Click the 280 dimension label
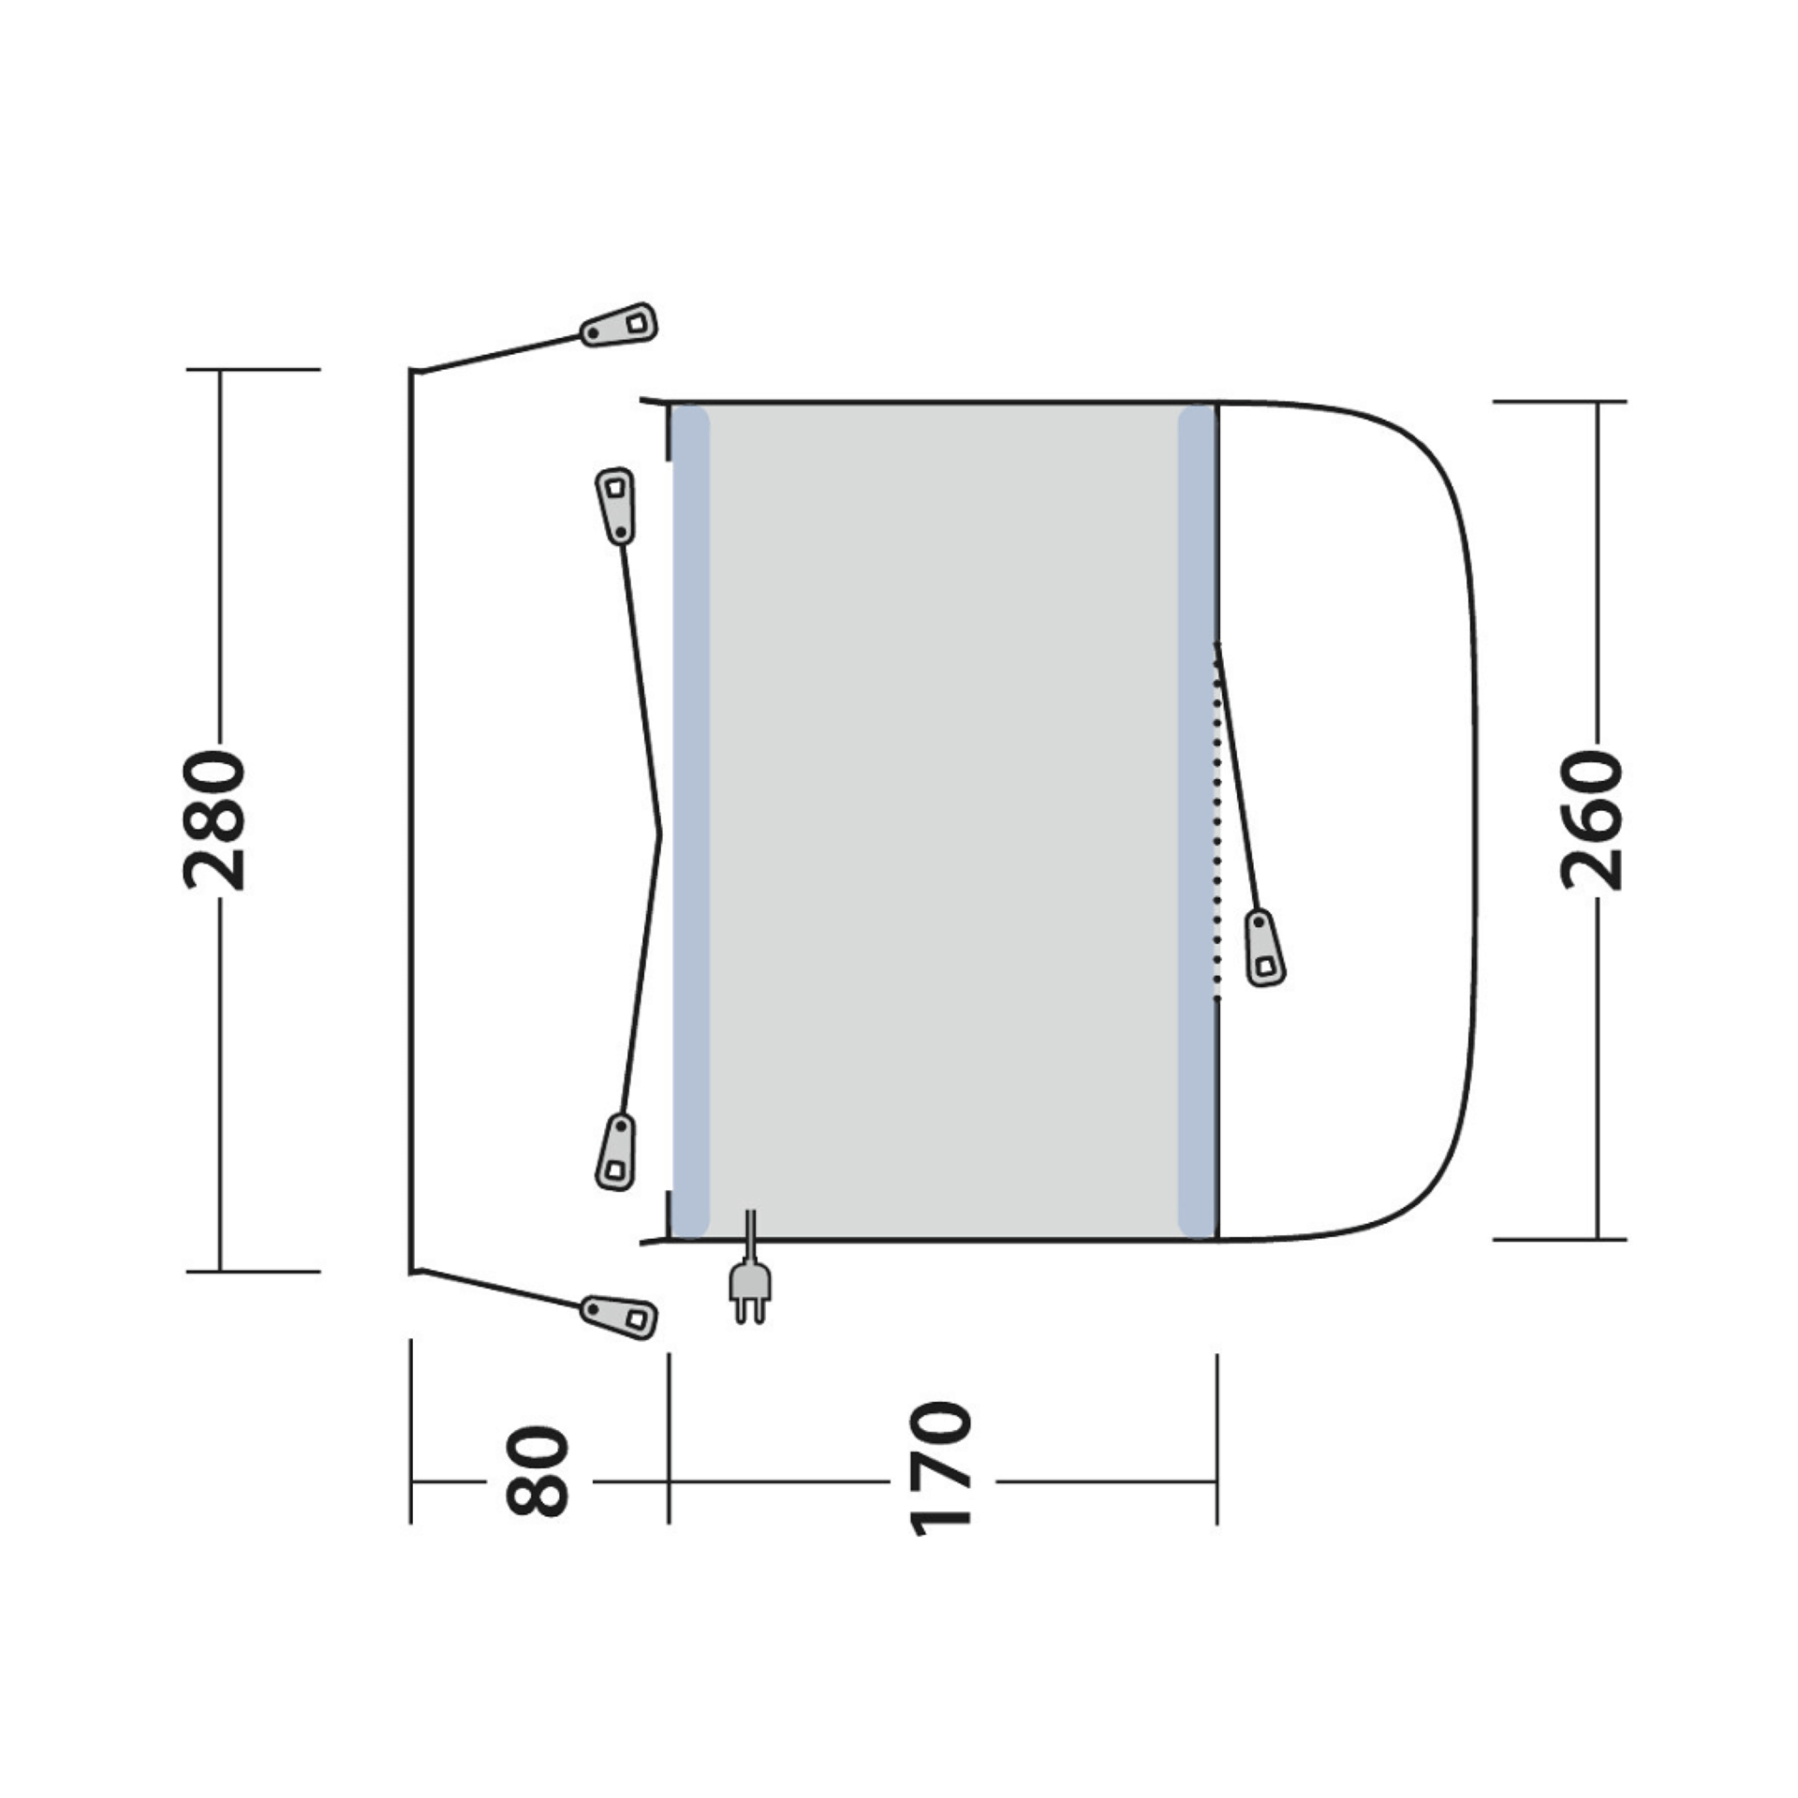[x=214, y=818]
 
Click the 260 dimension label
[x=1591, y=818]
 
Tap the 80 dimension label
[x=538, y=1481]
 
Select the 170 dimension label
[x=941, y=1481]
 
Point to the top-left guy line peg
[x=619, y=325]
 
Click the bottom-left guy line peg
[x=619, y=1316]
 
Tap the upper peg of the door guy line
[x=615, y=505]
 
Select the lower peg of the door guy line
[x=615, y=1152]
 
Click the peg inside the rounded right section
[x=1264, y=948]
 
